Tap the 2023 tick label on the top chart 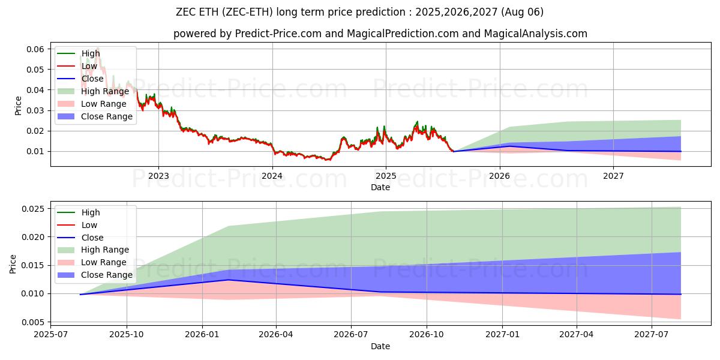click(158, 176)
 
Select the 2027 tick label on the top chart click(613, 176)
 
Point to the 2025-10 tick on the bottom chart click(127, 334)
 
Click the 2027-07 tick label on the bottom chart click(652, 334)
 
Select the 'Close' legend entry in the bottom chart click(92, 238)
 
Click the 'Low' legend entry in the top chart click(89, 66)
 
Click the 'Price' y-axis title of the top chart click(18, 106)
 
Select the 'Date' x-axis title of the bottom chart click(380, 346)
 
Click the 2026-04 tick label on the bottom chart click(275, 334)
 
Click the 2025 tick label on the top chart click(386, 176)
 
